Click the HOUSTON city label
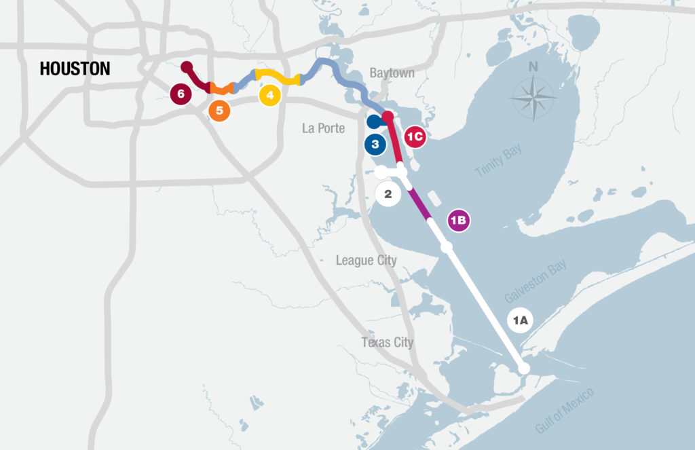[75, 69]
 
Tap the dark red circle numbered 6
[181, 93]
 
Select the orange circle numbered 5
[219, 111]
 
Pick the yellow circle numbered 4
[270, 95]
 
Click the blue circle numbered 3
[375, 144]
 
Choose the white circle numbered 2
[388, 193]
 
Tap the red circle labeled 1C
[415, 136]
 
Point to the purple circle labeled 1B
[459, 220]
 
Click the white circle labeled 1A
[520, 320]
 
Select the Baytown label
[392, 73]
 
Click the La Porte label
[323, 128]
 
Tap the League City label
[367, 261]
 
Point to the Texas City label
[387, 342]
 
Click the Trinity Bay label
[499, 161]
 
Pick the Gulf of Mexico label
[565, 410]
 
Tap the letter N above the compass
[533, 67]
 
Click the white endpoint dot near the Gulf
[523, 368]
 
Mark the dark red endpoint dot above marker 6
[187, 67]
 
